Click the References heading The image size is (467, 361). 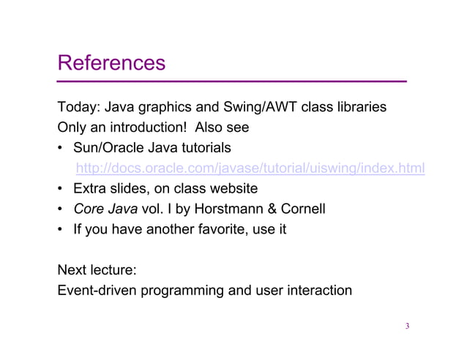112,62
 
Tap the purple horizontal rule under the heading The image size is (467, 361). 232,81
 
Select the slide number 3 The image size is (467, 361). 407,327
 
